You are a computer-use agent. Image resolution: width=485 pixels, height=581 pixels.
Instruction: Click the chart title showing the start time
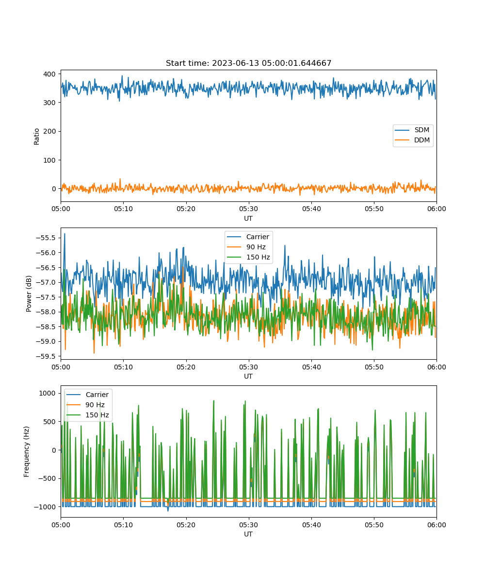coord(248,63)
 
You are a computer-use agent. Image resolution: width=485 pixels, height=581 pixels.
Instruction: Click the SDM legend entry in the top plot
coord(412,130)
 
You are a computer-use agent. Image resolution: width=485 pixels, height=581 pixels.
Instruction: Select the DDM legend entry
coord(412,140)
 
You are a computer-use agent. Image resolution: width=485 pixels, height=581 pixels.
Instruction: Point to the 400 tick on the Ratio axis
coord(49,74)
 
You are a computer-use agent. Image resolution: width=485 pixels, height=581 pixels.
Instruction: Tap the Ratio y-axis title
coord(36,137)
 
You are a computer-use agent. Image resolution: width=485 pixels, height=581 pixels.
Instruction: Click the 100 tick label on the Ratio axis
coord(49,160)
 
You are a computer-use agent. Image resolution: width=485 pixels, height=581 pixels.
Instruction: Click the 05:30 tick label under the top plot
coord(248,209)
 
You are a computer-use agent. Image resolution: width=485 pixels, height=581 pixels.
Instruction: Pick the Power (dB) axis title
coord(29,293)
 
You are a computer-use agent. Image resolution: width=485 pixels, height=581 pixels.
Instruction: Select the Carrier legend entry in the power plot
coord(248,237)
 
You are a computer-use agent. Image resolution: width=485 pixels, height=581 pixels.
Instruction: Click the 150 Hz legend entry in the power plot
coord(248,257)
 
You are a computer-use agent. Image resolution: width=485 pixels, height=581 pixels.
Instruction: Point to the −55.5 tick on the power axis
coord(46,238)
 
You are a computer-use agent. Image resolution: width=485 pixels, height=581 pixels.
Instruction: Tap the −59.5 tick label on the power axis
coord(46,356)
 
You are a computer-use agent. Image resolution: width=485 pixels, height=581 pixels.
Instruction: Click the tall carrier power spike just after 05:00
coord(65,234)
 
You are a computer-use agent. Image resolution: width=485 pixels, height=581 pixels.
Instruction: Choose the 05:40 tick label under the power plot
coord(311,367)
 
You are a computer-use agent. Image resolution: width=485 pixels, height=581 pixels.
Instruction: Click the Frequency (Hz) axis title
coord(27,452)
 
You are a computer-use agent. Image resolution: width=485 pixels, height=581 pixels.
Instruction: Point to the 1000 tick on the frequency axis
coord(48,393)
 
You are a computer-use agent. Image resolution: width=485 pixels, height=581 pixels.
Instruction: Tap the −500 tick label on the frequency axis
coord(46,478)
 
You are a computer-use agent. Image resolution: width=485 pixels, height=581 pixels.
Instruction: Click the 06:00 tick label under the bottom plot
coord(436,525)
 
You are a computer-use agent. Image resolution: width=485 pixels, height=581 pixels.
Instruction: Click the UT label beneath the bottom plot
coord(248,534)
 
